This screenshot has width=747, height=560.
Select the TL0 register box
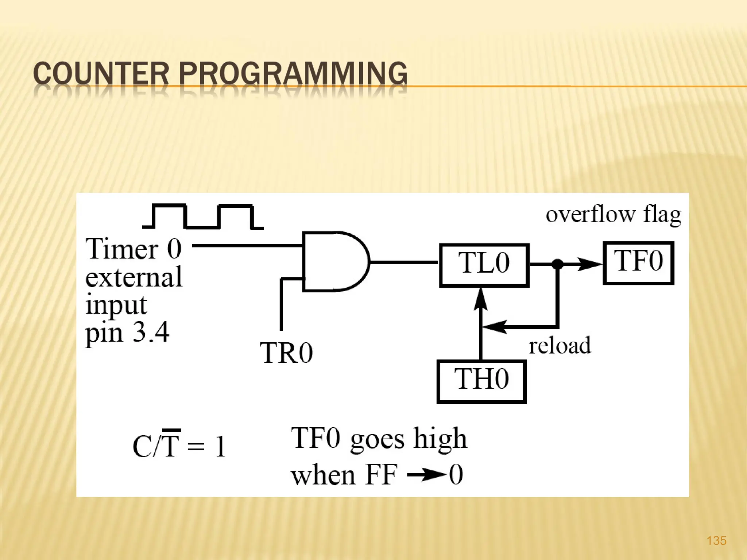[484, 265]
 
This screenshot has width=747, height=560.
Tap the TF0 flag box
[638, 262]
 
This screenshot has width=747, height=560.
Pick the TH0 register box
[481, 381]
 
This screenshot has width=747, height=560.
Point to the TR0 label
[286, 353]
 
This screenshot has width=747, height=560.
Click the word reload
[560, 346]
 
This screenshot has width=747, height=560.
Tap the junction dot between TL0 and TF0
[557, 264]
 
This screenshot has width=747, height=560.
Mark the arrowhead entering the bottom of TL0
[481, 299]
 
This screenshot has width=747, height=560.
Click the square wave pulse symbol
[203, 217]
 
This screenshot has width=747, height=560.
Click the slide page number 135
[716, 540]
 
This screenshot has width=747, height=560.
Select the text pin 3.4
[127, 332]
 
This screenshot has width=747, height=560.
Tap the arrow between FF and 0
[426, 475]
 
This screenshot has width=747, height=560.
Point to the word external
[134, 277]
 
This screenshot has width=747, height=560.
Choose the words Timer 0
[133, 249]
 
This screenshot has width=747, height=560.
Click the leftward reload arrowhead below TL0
[494, 326]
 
